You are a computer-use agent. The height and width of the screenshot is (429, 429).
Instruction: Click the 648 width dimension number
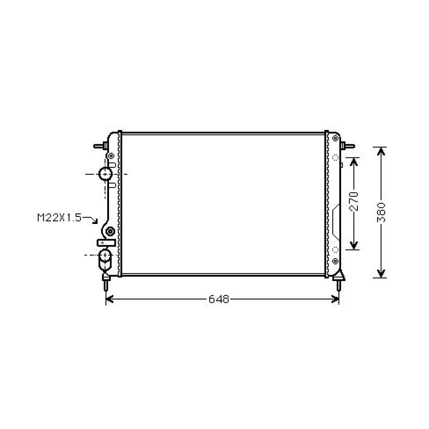tap(219, 299)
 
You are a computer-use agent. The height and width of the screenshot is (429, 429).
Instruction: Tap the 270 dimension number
tap(353, 202)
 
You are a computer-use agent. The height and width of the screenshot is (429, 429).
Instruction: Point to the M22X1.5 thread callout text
tap(59, 218)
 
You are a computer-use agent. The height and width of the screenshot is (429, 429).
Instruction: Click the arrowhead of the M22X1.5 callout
tap(97, 223)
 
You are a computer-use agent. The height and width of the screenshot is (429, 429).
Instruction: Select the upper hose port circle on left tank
tap(105, 174)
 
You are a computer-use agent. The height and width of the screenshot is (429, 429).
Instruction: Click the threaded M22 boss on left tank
tap(110, 232)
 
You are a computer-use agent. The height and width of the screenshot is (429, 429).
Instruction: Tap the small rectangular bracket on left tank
tap(106, 243)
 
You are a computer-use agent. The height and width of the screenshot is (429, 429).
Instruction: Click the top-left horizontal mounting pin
tap(100, 146)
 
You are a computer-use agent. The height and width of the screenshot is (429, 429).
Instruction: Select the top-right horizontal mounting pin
tap(347, 146)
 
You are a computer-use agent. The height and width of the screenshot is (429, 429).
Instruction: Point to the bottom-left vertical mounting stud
tap(106, 284)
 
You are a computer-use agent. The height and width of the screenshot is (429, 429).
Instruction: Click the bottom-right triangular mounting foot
tap(340, 277)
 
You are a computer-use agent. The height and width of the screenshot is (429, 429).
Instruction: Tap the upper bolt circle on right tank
tap(335, 139)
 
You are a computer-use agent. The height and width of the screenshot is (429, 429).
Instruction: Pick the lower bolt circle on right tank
tap(335, 260)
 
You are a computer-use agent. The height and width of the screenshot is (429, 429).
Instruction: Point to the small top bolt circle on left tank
tap(111, 155)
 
